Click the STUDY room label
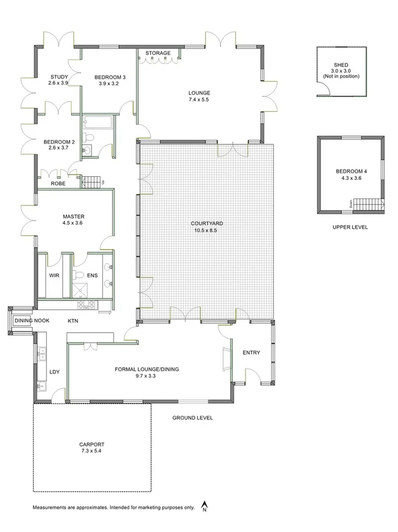pos(58,77)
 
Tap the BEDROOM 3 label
pos(110,77)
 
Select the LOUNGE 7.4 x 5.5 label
pos(199,93)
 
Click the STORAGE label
pos(158,53)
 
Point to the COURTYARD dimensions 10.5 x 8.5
pos(206,231)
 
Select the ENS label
pos(92,276)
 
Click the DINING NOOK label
pos(32,321)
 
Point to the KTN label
pos(73,321)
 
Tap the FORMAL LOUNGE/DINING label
pos(146,369)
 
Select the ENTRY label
pos(251,353)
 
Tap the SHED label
pos(341,65)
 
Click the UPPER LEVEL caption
pos(350,227)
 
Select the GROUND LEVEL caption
pos(193,418)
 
